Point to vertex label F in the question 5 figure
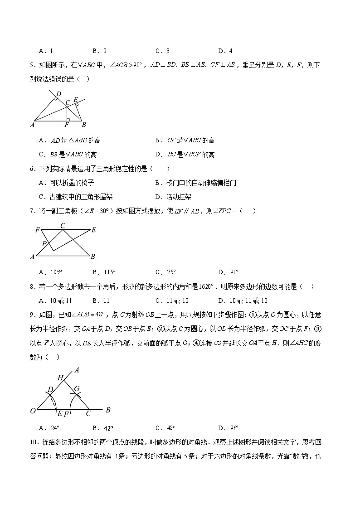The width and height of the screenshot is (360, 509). [67, 125]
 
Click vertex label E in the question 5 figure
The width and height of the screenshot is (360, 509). [75, 100]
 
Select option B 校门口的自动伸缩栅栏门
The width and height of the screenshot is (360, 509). [195, 183]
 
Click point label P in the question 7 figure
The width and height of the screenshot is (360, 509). [44, 244]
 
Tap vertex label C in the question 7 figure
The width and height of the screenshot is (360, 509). [63, 225]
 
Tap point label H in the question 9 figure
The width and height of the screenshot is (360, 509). [60, 377]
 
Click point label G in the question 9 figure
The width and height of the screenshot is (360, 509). [77, 389]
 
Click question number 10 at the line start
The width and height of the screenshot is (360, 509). [33, 442]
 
